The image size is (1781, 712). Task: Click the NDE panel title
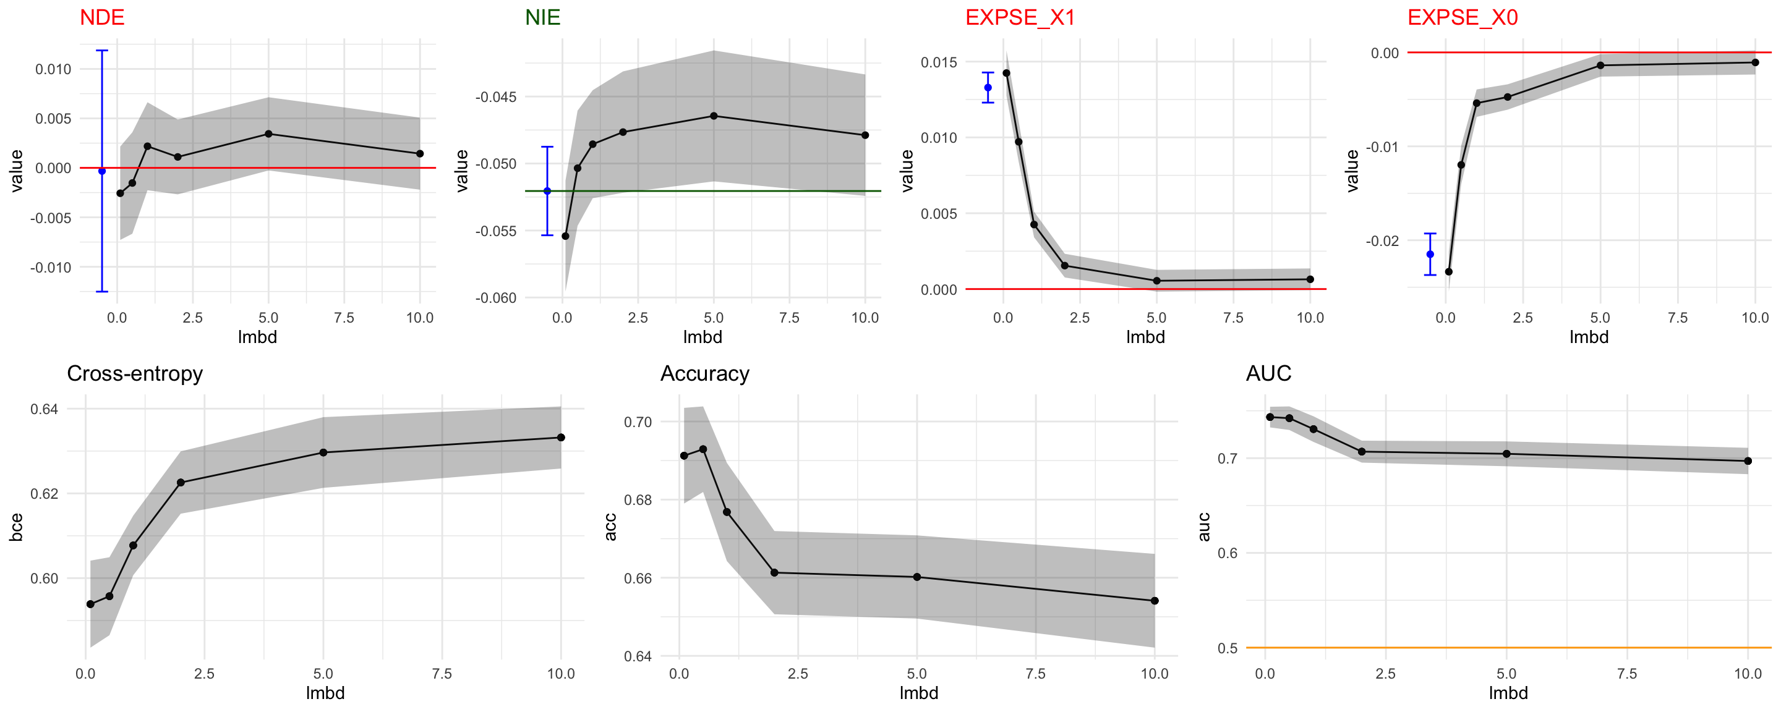[x=101, y=17]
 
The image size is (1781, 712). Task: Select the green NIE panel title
[x=542, y=17]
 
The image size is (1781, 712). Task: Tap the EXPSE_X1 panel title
[x=1020, y=17]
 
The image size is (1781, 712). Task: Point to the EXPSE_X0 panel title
[x=1463, y=17]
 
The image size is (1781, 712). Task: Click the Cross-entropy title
[x=135, y=373]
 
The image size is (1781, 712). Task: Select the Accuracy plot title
[x=704, y=373]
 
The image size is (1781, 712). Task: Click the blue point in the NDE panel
[x=102, y=171]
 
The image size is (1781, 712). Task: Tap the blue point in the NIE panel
[x=547, y=191]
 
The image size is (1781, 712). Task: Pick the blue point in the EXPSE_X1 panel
[x=988, y=88]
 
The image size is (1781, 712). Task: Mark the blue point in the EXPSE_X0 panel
[x=1430, y=255]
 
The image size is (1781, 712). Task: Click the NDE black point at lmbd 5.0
[x=268, y=133]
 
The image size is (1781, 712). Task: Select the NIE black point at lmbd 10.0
[x=865, y=135]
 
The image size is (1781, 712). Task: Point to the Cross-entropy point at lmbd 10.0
[x=561, y=438]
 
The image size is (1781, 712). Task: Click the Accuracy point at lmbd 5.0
[x=916, y=577]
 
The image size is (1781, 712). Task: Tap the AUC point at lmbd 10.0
[x=1748, y=461]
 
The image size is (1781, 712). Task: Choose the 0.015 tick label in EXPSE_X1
[x=938, y=62]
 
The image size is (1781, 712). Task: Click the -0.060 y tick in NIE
[x=495, y=298]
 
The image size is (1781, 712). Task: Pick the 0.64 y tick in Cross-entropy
[x=45, y=409]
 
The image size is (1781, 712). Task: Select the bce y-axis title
[x=16, y=527]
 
